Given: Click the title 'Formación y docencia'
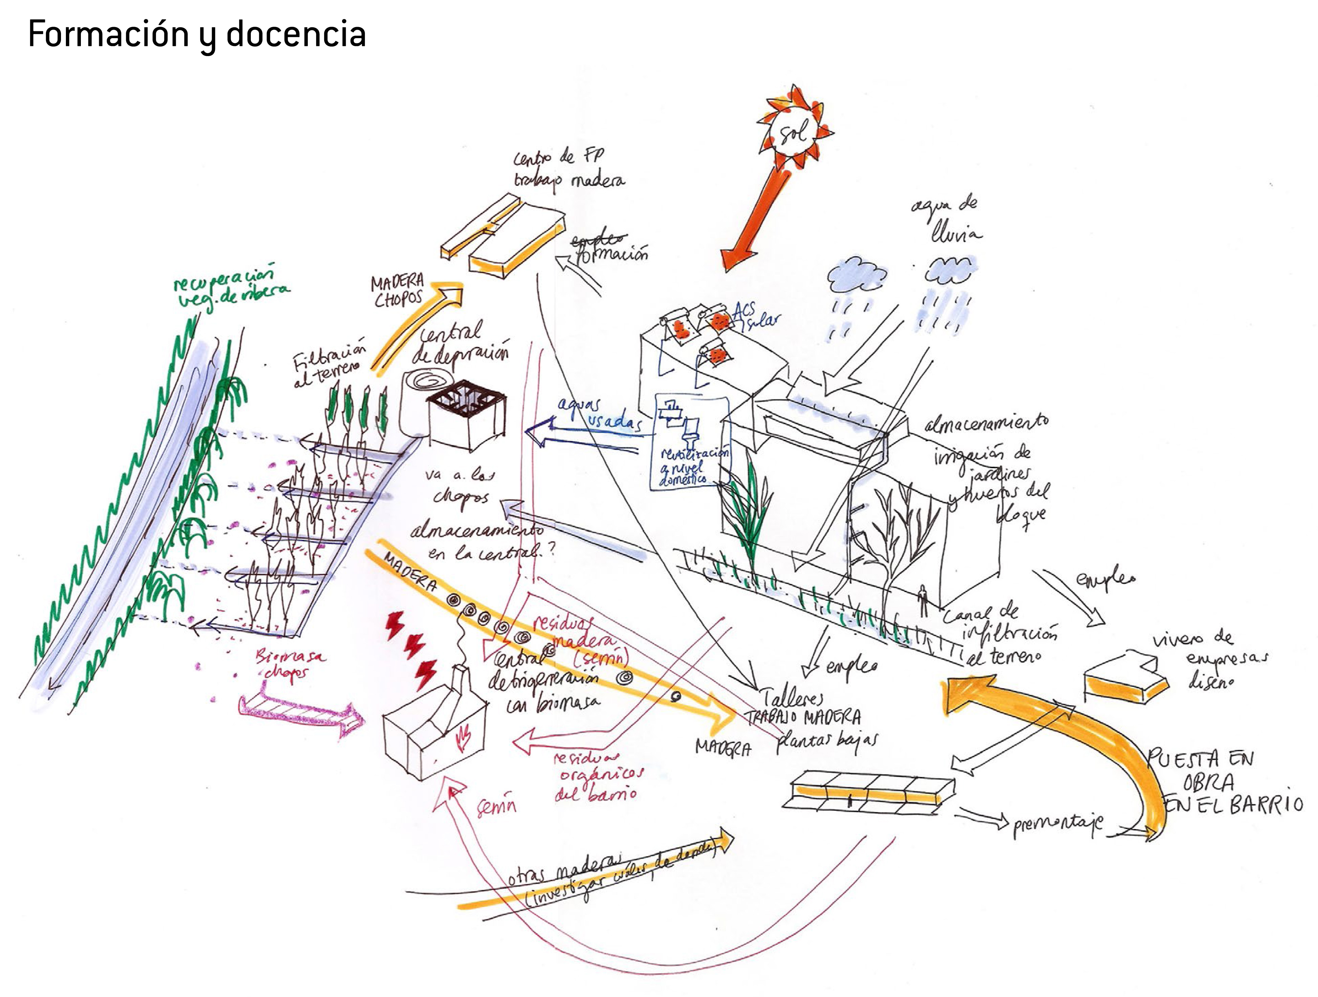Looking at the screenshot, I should (197, 34).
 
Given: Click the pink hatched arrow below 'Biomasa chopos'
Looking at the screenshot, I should (301, 713).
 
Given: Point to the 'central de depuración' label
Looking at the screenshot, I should (459, 344).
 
